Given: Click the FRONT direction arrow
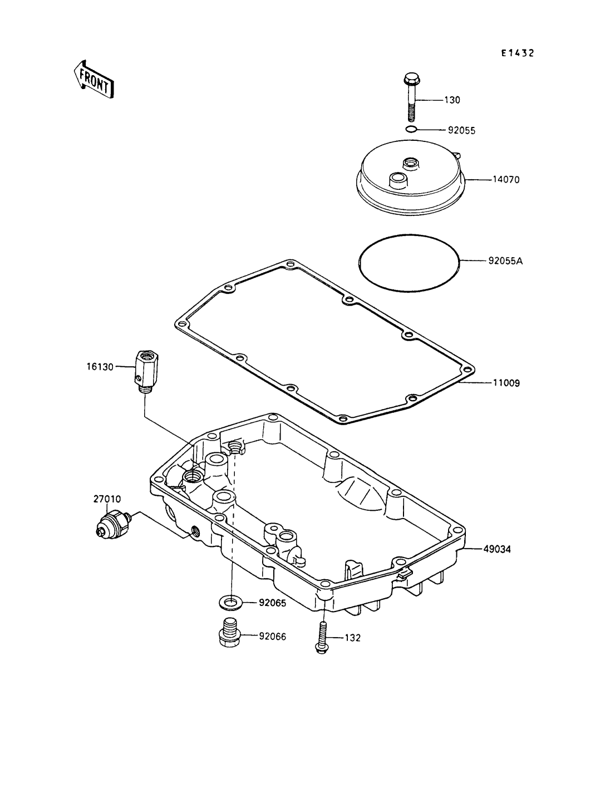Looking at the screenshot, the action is coord(94,80).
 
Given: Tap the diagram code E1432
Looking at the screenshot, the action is coord(518,53).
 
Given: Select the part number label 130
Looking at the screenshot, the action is coord(452,100).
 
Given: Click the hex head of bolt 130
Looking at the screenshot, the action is coord(412,78).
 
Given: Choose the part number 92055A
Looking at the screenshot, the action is coord(505,261).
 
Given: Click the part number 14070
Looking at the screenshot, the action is coord(506,180).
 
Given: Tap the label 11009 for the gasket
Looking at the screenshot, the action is coord(506,383).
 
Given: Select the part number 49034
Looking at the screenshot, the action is coord(497,549).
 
